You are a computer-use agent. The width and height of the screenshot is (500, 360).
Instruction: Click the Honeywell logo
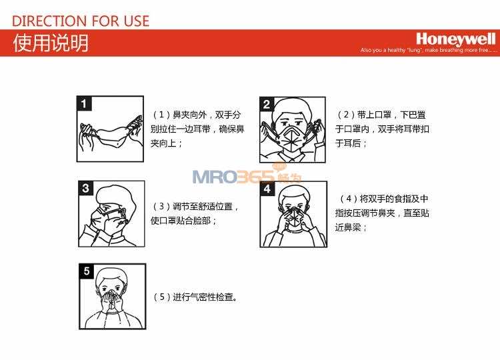coord(456,39)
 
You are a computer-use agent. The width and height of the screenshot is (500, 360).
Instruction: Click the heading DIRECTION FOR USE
coord(81,21)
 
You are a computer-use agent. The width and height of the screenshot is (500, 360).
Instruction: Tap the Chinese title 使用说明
coord(51,43)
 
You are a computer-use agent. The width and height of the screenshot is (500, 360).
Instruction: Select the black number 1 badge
coord(84,103)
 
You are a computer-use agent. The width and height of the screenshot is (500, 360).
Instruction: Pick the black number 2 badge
coord(267,104)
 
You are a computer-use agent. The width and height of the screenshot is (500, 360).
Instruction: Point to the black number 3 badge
coord(85,188)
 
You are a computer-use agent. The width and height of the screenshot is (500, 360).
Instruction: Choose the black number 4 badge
coord(267,189)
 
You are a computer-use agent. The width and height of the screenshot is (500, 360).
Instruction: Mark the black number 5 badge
coord(87,271)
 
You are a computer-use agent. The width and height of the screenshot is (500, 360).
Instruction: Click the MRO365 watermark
coord(247,175)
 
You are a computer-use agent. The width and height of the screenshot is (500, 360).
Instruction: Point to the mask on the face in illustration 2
coord(293,139)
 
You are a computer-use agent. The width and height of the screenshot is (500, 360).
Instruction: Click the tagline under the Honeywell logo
coord(428,51)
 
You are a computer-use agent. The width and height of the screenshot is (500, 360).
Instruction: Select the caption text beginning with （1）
coord(197,129)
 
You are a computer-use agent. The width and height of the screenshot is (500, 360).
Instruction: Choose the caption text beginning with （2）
coord(382,129)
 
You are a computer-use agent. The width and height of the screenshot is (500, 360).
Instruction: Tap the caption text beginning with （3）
coord(195,213)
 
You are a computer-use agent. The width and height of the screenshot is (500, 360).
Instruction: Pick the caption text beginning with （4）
coord(382,213)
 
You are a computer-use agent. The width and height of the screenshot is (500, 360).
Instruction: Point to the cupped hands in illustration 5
coord(111,302)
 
